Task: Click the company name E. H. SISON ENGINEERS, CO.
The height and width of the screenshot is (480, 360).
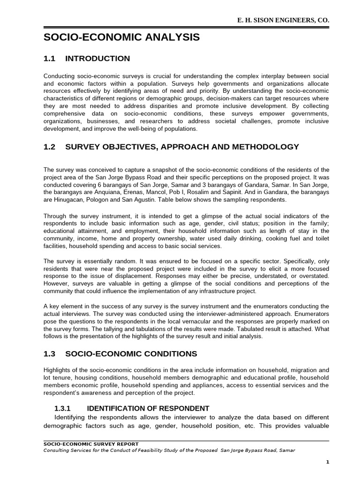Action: [x=284, y=21]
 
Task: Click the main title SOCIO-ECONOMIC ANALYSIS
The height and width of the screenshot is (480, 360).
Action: [x=121, y=37]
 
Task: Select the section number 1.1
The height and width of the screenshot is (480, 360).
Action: [x=49, y=59]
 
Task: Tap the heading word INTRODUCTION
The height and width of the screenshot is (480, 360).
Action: [x=97, y=59]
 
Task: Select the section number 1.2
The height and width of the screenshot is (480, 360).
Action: [x=49, y=147]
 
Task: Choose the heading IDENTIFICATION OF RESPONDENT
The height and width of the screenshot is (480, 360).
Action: [x=151, y=408]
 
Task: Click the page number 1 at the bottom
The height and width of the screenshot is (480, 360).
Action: [x=328, y=462]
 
